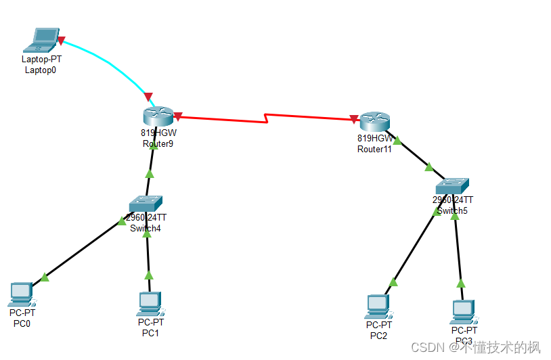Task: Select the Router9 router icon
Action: pyautogui.click(x=158, y=116)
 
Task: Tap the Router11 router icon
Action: pyautogui.click(x=374, y=121)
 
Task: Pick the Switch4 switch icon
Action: pyautogui.click(x=146, y=203)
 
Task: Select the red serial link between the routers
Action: pyautogui.click(x=264, y=118)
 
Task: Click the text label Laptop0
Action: pyautogui.click(x=41, y=70)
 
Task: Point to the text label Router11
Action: pyautogui.click(x=374, y=149)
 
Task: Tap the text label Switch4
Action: pyautogui.click(x=146, y=228)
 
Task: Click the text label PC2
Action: pyautogui.click(x=378, y=336)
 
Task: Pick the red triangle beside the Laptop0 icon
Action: pyautogui.click(x=61, y=41)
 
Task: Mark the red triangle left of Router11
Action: pyautogui.click(x=353, y=120)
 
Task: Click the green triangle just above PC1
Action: pyautogui.click(x=149, y=275)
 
